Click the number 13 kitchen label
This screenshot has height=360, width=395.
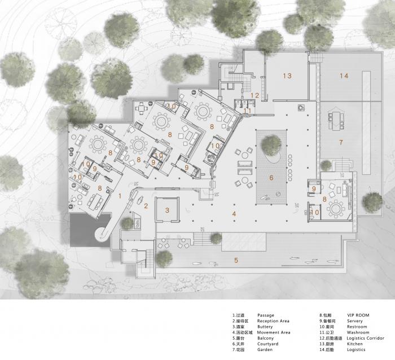[287, 76]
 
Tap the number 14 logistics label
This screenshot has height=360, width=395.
[344, 76]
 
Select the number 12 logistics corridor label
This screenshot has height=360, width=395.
[254, 95]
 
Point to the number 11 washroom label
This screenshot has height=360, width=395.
[248, 111]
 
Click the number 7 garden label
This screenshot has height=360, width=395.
[341, 143]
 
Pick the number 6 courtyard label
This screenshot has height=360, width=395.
[271, 178]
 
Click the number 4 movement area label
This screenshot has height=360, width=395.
[234, 213]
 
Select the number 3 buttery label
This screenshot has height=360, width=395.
[167, 210]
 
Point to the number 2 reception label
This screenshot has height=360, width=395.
[146, 206]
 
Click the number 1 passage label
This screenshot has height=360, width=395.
[119, 195]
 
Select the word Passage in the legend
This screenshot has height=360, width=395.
[266, 315]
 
